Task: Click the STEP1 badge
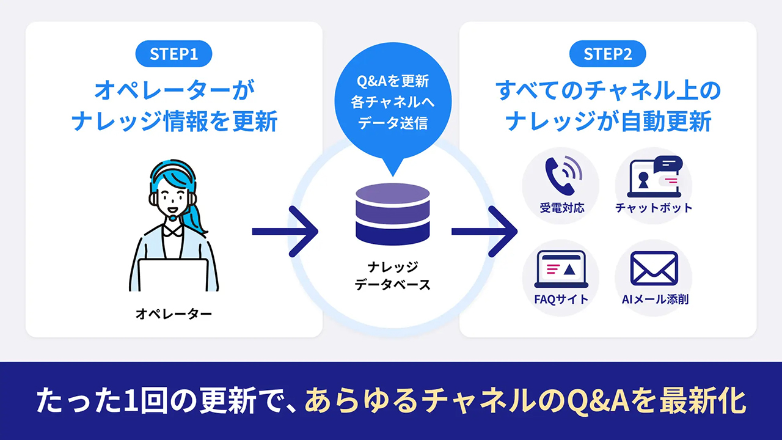point(174,54)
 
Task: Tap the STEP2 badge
point(607,54)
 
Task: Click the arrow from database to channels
point(484,231)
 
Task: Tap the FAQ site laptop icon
point(561,269)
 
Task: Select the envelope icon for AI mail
point(654,269)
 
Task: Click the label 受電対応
point(561,208)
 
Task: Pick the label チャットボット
point(654,208)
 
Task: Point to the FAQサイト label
point(561,299)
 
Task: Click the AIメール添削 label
point(654,299)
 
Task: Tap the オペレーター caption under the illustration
point(174,314)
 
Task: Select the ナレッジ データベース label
point(393,276)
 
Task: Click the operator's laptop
point(174,275)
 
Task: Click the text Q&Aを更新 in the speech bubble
point(393,81)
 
